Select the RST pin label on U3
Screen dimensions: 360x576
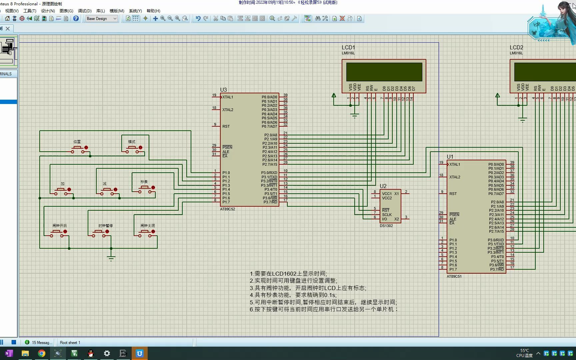click(226, 126)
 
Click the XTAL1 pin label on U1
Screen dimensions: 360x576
click(454, 164)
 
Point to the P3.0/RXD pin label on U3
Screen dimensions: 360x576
click(269, 173)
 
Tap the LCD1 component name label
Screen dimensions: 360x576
click(348, 47)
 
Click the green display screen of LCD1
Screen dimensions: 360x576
click(384, 72)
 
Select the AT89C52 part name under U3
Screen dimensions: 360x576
click(227, 209)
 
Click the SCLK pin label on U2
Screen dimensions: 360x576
click(387, 215)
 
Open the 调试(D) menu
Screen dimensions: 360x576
click(85, 11)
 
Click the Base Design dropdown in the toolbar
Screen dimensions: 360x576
click(102, 19)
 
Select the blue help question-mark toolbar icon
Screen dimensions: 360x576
click(76, 19)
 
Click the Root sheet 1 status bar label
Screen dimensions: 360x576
click(70, 343)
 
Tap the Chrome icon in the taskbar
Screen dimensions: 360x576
click(42, 353)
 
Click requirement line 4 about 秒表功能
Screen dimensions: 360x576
click(293, 295)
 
